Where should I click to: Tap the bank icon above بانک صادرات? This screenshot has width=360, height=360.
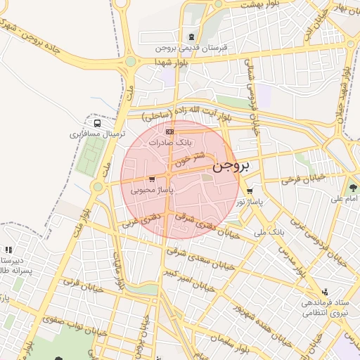[169, 131]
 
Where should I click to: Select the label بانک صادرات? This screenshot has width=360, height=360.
[169, 142]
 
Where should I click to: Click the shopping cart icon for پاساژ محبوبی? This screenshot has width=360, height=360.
[152, 179]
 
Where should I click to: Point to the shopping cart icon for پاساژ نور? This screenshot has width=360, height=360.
[250, 191]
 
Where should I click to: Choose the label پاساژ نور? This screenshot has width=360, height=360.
[250, 202]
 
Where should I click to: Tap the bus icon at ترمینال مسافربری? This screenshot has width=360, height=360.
[96, 124]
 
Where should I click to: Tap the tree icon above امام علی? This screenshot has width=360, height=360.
[352, 188]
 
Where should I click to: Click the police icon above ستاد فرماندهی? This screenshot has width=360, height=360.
[324, 292]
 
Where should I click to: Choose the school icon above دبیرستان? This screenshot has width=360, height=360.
[8, 250]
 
